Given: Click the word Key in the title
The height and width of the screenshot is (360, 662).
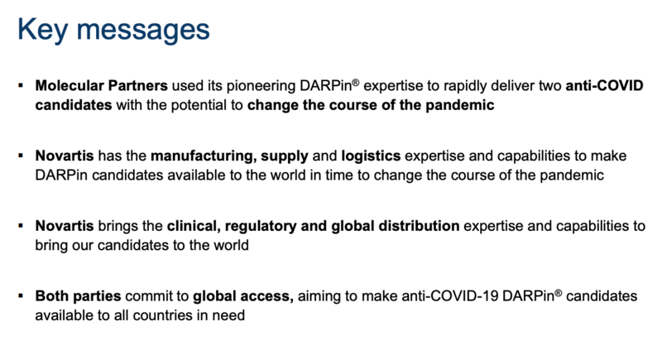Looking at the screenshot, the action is click(43, 30).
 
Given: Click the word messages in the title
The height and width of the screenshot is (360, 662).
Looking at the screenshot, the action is click(143, 31).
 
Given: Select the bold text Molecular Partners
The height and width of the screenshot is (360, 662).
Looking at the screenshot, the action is click(101, 86).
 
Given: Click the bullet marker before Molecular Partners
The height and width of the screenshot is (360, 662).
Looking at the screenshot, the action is click(21, 86).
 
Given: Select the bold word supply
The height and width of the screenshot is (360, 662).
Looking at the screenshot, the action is click(285, 156).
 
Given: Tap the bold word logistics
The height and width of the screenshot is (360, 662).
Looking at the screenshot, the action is click(371, 156).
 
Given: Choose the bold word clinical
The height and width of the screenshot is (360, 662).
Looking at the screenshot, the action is click(194, 226).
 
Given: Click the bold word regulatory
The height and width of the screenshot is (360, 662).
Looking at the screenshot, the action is click(261, 227).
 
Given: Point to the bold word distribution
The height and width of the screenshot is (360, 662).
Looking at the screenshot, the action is click(419, 226).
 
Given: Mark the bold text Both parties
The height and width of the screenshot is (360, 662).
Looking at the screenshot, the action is click(78, 296).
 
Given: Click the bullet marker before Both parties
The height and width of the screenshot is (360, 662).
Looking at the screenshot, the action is click(21, 295).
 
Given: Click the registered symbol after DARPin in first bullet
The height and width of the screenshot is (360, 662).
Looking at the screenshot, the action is click(356, 82).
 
